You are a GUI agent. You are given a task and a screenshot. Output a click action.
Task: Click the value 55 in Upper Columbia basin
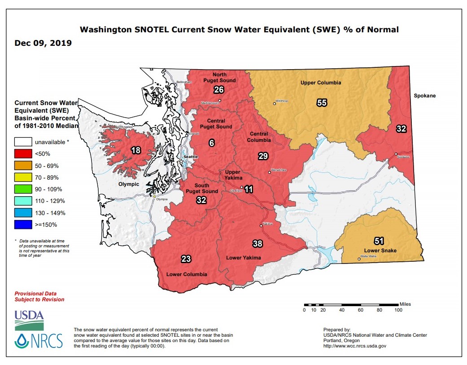pyautogui.click(x=322, y=103)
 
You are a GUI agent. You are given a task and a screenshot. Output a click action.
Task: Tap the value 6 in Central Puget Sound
pyautogui.click(x=212, y=143)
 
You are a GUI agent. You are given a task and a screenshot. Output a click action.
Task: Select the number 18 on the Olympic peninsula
pyautogui.click(x=136, y=150)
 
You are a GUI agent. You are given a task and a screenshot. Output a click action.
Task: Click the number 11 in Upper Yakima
pyautogui.click(x=249, y=189)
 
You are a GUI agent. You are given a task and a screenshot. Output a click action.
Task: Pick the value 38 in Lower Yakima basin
pyautogui.click(x=257, y=243)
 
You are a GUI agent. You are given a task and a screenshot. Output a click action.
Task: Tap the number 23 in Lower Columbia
pyautogui.click(x=186, y=259)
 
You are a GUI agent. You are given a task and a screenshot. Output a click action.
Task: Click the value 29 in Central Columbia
pyautogui.click(x=263, y=156)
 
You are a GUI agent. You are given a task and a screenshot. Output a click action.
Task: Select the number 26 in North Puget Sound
pyautogui.click(x=218, y=90)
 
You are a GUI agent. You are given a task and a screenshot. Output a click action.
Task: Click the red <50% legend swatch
pyautogui.click(x=23, y=154)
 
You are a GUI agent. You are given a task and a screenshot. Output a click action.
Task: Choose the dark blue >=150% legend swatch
pyautogui.click(x=23, y=224)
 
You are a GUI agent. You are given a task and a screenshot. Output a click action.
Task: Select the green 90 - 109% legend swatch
pyautogui.click(x=23, y=189)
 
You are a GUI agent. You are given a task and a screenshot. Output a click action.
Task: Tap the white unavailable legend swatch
pyautogui.click(x=23, y=142)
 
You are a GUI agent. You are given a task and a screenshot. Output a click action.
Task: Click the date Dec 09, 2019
pyautogui.click(x=43, y=43)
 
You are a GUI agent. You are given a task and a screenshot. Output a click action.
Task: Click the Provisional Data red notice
pyautogui.click(x=39, y=296)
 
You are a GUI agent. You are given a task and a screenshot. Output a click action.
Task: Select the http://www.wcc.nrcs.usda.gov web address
pyautogui.click(x=354, y=346)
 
